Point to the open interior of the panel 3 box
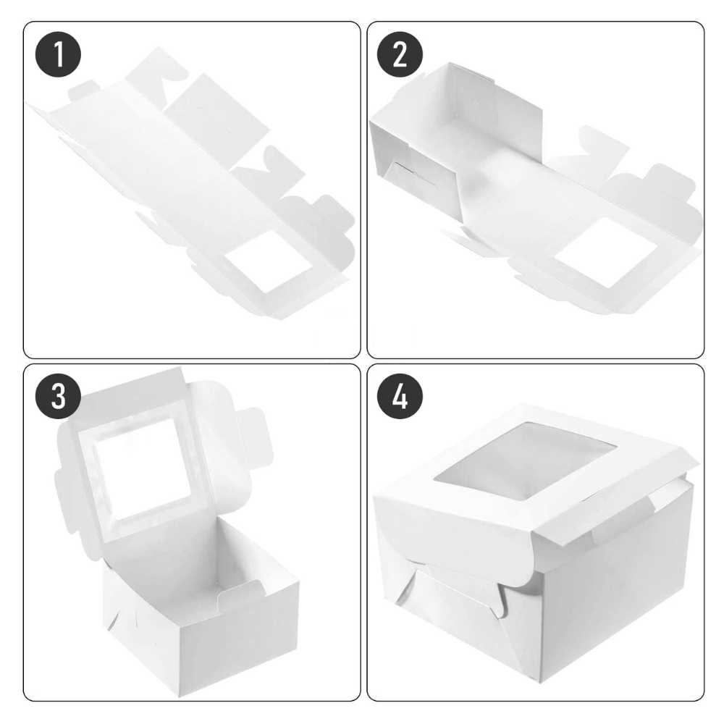pos(217,572)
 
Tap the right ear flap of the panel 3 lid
pos(250,427)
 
